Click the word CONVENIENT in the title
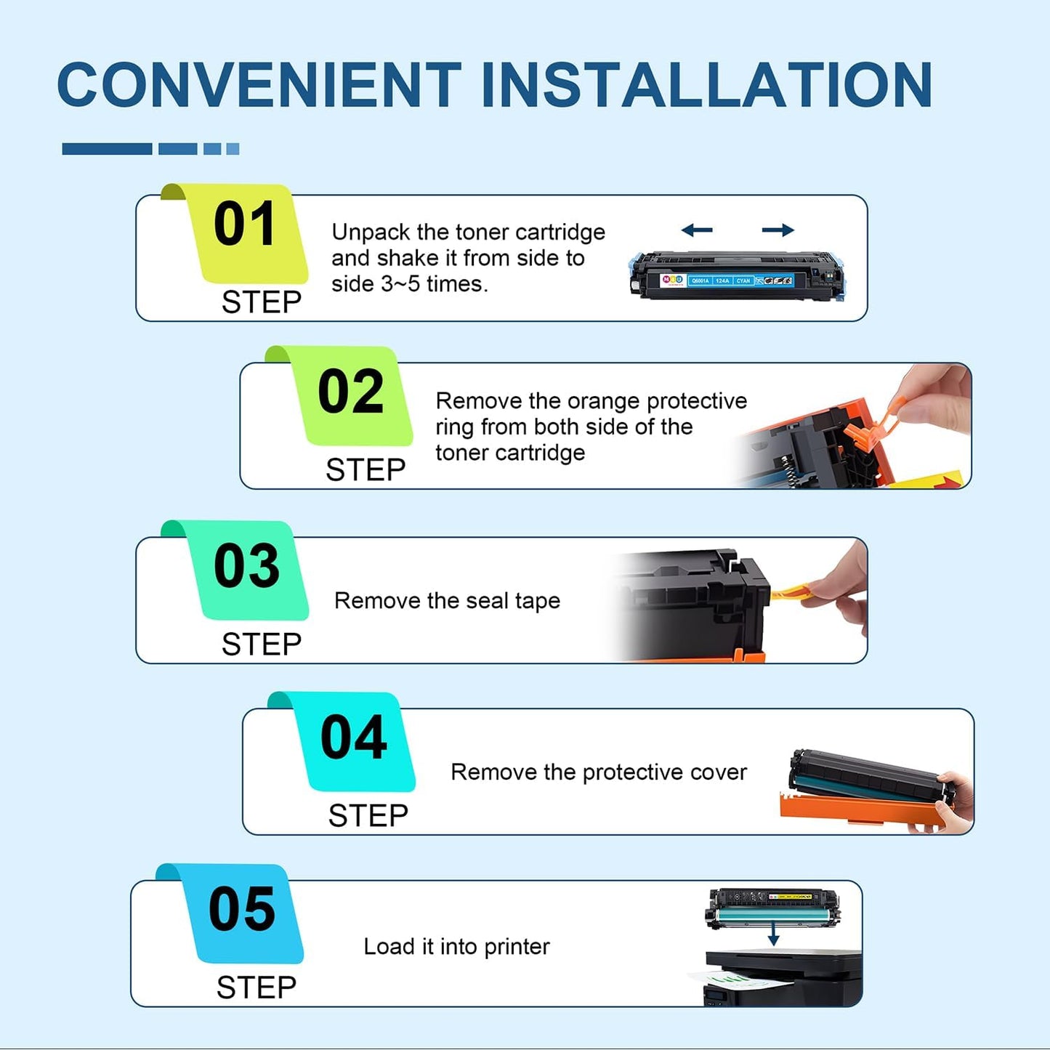coord(259,85)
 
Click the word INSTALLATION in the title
coord(706,85)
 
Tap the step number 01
coord(245,225)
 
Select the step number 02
coord(351,392)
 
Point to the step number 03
coord(246,566)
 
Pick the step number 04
coord(354,738)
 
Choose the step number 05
coord(242,909)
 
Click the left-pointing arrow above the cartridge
coord(697,230)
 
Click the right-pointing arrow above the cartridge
coord(778,230)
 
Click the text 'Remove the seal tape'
coord(447,601)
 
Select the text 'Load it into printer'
coord(456,947)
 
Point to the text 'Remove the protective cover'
coord(598,772)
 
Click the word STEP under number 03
coord(262,645)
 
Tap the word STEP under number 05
coord(257,988)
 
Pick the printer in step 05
coord(785,977)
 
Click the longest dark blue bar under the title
coord(107,149)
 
